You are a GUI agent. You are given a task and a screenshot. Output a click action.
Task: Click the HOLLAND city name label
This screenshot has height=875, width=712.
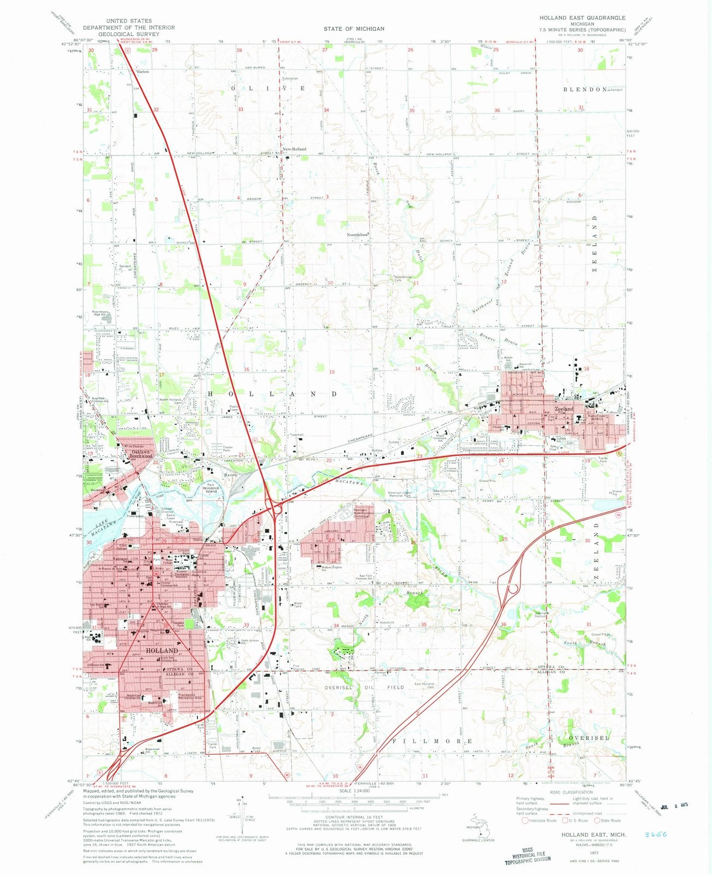tap(162, 650)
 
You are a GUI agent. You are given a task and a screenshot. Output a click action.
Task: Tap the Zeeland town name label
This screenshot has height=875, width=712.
tap(564, 409)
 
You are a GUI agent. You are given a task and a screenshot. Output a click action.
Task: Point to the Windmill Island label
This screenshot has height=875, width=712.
tap(211, 489)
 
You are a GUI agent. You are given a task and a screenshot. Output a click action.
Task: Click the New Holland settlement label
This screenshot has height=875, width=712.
tap(294, 149)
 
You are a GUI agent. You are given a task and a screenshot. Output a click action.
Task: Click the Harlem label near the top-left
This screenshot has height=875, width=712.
tap(143, 72)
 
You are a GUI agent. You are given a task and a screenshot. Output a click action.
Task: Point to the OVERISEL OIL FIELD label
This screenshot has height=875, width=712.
tap(365, 687)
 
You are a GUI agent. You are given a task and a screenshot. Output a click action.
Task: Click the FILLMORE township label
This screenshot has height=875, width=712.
tap(432, 740)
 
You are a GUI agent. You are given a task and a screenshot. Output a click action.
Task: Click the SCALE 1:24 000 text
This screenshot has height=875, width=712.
tap(354, 790)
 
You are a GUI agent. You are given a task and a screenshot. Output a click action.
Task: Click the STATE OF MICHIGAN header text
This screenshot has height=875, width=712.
tap(353, 28)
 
